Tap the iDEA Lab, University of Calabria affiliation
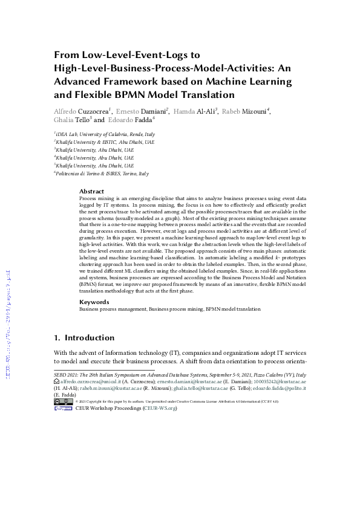105,134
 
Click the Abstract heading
91,192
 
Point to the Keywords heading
94,302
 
